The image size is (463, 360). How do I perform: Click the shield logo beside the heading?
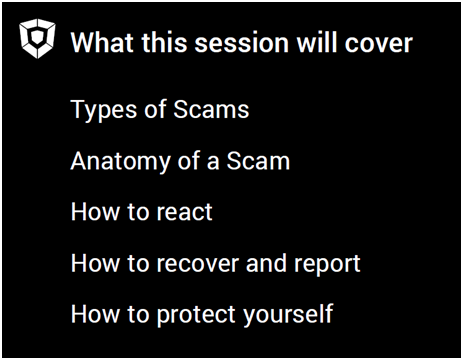point(37,38)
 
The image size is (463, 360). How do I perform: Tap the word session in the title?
point(241,43)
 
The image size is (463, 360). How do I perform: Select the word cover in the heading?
point(379,43)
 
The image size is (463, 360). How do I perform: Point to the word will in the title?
point(317,43)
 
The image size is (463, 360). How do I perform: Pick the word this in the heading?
point(164,43)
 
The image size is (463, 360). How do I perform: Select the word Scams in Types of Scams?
point(211,109)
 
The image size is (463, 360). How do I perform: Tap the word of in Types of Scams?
point(155,109)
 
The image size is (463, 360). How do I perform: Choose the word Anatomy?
point(120,162)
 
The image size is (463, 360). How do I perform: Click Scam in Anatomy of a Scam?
point(258,161)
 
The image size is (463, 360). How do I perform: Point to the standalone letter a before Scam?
point(213,163)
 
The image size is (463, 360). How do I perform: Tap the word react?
point(184,212)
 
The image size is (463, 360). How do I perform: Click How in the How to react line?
point(95,211)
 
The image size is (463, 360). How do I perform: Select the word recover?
point(198,264)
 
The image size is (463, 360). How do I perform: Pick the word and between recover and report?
point(266,263)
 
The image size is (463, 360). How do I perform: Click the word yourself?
point(288,314)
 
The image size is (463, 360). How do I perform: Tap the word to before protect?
point(138,314)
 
